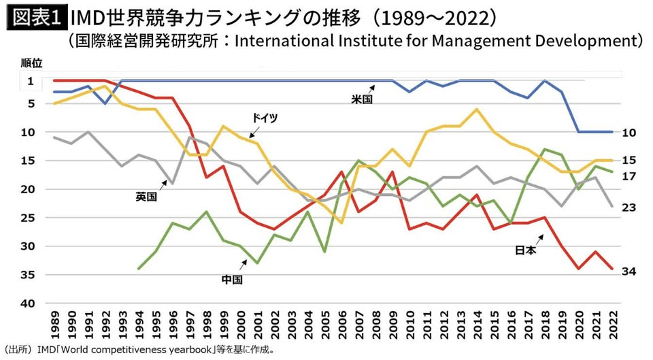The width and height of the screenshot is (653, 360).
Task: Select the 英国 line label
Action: click(x=146, y=197)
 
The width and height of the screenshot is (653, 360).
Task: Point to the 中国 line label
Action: click(x=232, y=278)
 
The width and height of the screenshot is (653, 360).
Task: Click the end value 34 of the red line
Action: click(x=629, y=272)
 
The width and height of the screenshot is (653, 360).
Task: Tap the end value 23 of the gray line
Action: click(x=629, y=207)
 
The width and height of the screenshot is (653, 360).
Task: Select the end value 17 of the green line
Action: click(x=629, y=176)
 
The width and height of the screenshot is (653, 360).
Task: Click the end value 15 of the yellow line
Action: click(x=629, y=161)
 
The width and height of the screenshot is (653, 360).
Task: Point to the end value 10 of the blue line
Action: click(x=629, y=133)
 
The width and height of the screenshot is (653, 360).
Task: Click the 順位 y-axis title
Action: click(x=31, y=63)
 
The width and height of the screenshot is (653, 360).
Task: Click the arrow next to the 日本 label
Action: click(x=541, y=238)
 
